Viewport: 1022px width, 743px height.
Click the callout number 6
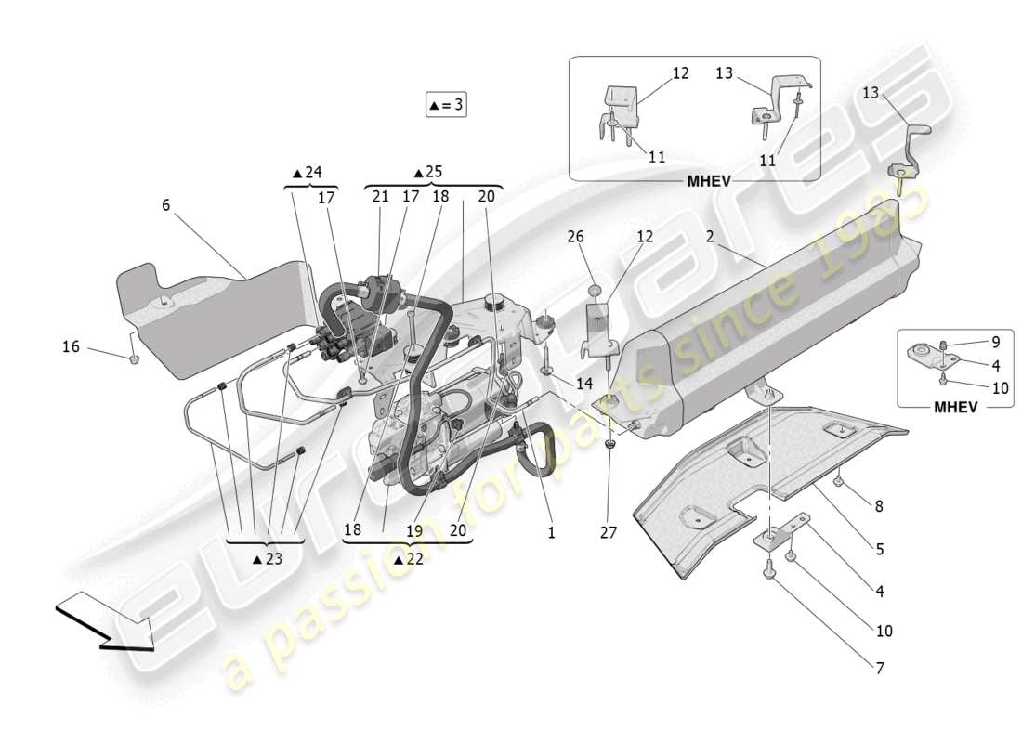click(165, 205)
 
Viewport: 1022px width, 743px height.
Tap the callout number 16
click(71, 347)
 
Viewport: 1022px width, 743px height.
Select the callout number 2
click(709, 238)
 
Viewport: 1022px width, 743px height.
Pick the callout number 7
click(878, 668)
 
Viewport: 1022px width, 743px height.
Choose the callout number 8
click(878, 506)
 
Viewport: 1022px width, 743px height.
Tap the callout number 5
click(878, 549)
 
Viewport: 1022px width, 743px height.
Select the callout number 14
click(583, 383)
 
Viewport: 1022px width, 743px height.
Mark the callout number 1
click(551, 534)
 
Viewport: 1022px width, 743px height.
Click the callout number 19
click(413, 530)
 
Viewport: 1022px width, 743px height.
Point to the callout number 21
click(380, 197)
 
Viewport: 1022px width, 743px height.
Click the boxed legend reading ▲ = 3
click(445, 106)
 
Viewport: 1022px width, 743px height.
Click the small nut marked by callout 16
click(134, 358)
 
